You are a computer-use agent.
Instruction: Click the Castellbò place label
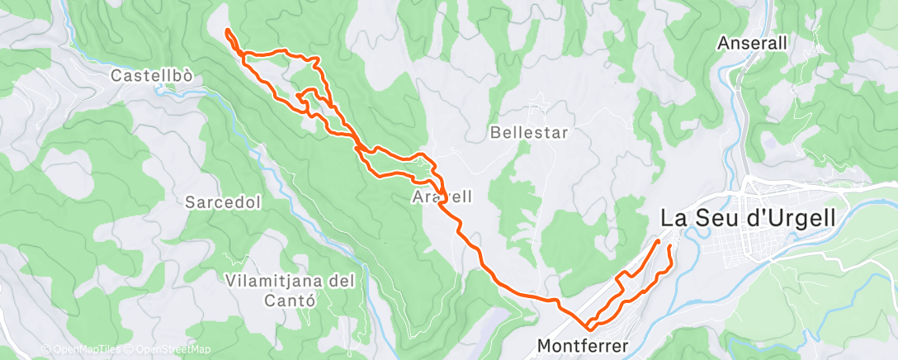152,76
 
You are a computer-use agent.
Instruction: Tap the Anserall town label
753,42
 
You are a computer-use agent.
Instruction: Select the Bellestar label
528,132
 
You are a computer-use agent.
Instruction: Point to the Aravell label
442,197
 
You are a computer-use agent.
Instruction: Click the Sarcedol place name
212,201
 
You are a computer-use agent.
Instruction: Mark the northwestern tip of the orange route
225,31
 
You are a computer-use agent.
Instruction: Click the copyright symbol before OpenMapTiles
45,350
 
